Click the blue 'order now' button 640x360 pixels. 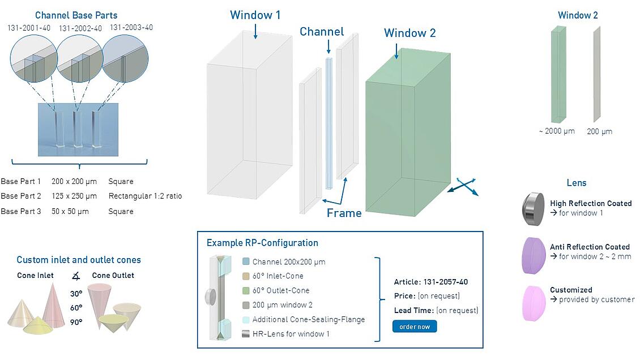pos(415,327)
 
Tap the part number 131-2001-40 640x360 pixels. pos(29,28)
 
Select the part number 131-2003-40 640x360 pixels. pos(131,27)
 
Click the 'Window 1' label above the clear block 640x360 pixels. pos(255,15)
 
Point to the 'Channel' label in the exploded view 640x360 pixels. pos(322,32)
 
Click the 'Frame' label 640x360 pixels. pos(344,213)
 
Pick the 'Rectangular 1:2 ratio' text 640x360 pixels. pos(145,196)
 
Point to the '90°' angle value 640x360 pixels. pos(76,322)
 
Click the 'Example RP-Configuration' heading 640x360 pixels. pos(262,243)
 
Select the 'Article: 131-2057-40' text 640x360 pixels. pos(430,282)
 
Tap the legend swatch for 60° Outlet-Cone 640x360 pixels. pos(245,290)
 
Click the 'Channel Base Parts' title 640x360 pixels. pos(76,15)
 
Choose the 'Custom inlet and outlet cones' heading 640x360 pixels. pos(79,260)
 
